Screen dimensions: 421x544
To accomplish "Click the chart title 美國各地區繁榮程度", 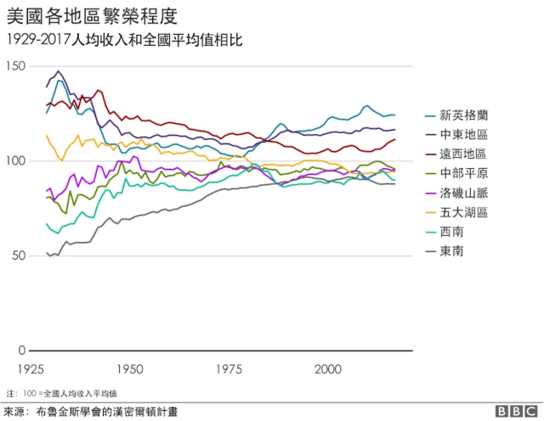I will click(92, 16).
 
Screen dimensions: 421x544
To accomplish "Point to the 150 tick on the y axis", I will click(15, 66).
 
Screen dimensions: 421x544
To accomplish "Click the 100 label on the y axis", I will click(15, 161).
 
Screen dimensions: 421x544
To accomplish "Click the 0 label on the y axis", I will click(22, 351).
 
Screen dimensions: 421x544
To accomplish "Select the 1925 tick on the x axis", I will click(31, 370).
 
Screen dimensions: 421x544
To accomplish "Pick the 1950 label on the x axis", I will click(130, 370).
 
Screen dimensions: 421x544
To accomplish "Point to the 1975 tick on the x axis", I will click(229, 370).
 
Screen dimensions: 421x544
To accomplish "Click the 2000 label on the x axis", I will click(328, 370).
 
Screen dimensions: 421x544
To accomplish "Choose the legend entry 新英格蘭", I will click(463, 115).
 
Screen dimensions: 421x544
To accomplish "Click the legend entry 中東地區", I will click(463, 134).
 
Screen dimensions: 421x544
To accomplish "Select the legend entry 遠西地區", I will click(463, 154).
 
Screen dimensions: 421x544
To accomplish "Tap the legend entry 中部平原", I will click(463, 173).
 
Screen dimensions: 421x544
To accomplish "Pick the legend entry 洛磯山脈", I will click(463, 193).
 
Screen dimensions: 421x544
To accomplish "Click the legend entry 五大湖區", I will click(463, 212).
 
